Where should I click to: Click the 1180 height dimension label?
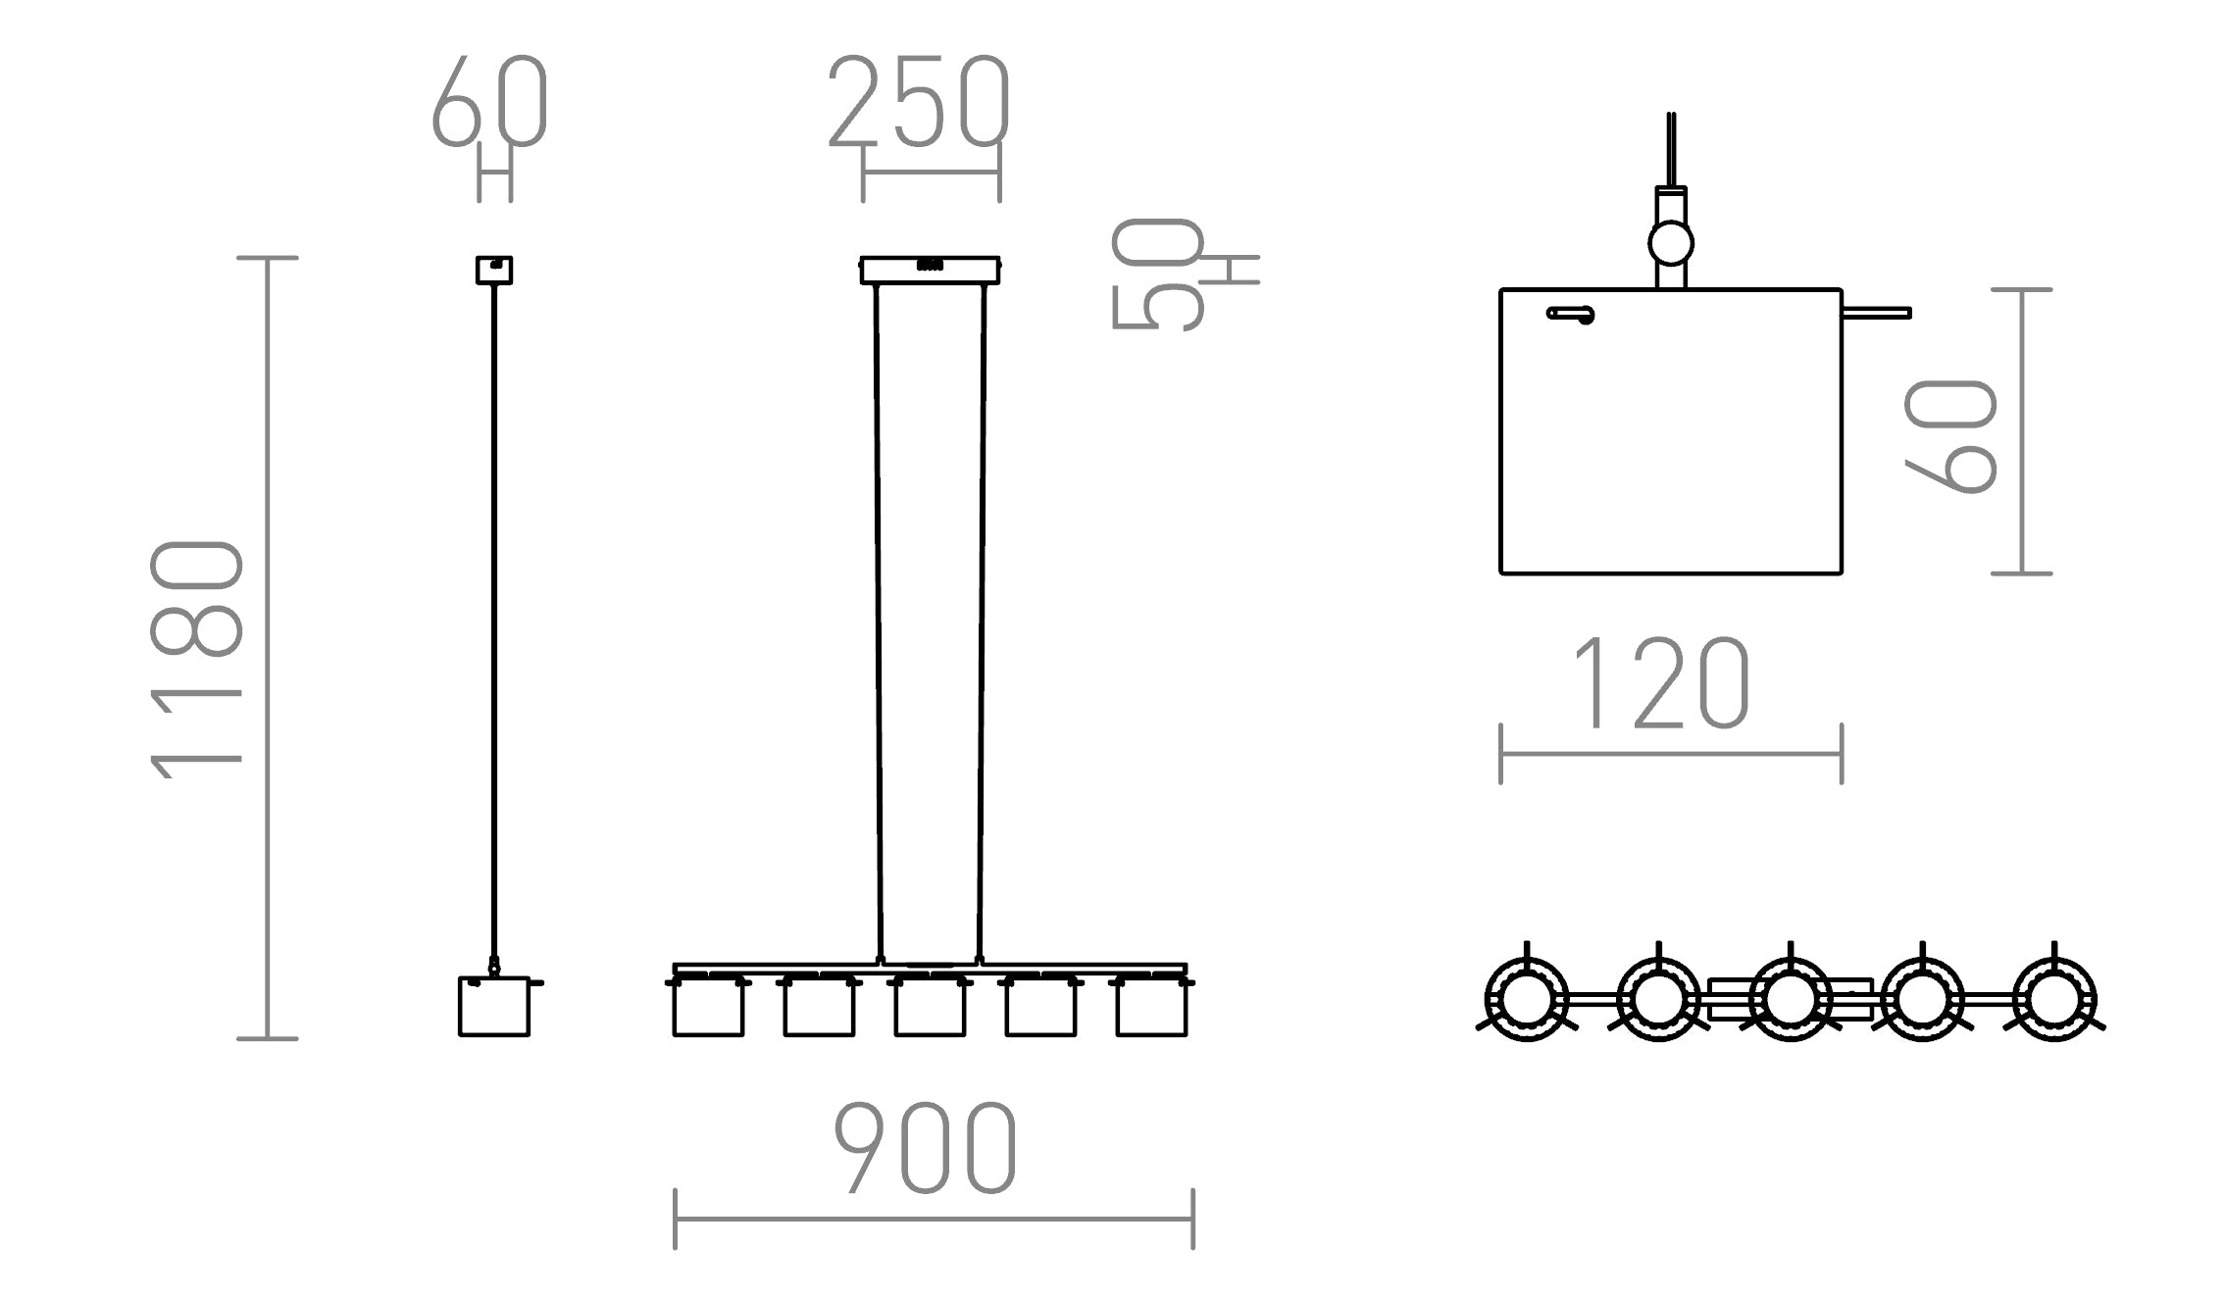point(196,659)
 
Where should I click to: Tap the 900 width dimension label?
point(926,1148)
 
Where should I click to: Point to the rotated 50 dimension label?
point(1157,275)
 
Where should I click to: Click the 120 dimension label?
point(1660,683)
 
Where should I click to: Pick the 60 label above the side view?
point(489,101)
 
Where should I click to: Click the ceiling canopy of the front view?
point(930,271)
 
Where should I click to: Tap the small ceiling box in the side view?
point(494,270)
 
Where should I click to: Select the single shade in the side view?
point(494,1007)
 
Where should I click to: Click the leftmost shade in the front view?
point(708,1009)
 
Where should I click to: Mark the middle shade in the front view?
point(930,1009)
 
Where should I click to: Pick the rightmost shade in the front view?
point(1151,1009)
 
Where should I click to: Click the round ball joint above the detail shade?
point(1671,242)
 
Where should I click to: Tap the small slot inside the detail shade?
point(1570,315)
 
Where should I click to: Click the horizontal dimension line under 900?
point(934,1220)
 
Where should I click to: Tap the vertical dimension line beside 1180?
point(268,647)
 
